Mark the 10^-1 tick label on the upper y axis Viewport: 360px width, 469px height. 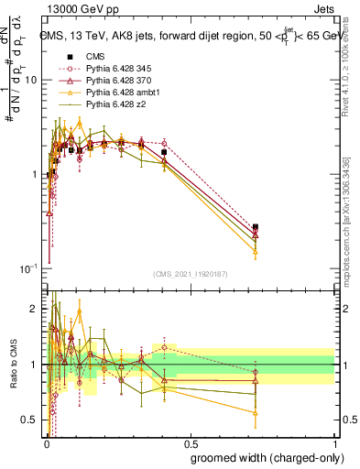[x=28, y=267]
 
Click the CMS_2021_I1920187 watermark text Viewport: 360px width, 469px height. [x=190, y=273]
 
